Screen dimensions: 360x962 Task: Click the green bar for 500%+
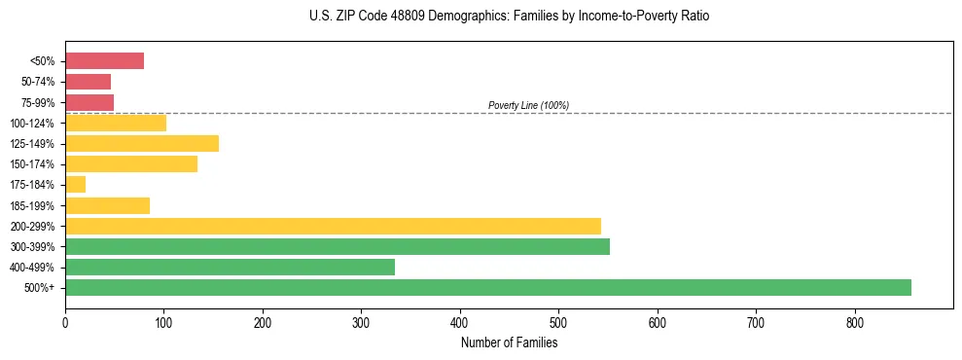487,287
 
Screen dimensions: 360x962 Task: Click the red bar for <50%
104,61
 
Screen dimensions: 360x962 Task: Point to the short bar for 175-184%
75,185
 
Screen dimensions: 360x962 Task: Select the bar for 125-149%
141,143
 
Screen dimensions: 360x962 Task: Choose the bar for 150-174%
130,164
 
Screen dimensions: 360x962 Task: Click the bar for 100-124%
115,123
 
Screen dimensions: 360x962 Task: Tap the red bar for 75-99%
89,102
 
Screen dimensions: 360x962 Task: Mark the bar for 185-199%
107,205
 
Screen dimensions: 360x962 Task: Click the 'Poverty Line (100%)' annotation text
528,105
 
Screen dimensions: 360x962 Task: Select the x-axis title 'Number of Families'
509,342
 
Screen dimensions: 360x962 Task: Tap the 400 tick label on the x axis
460,322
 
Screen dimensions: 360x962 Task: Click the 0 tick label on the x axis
65,322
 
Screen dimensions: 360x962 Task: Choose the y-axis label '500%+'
41,288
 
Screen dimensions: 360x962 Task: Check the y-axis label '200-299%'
34,226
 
